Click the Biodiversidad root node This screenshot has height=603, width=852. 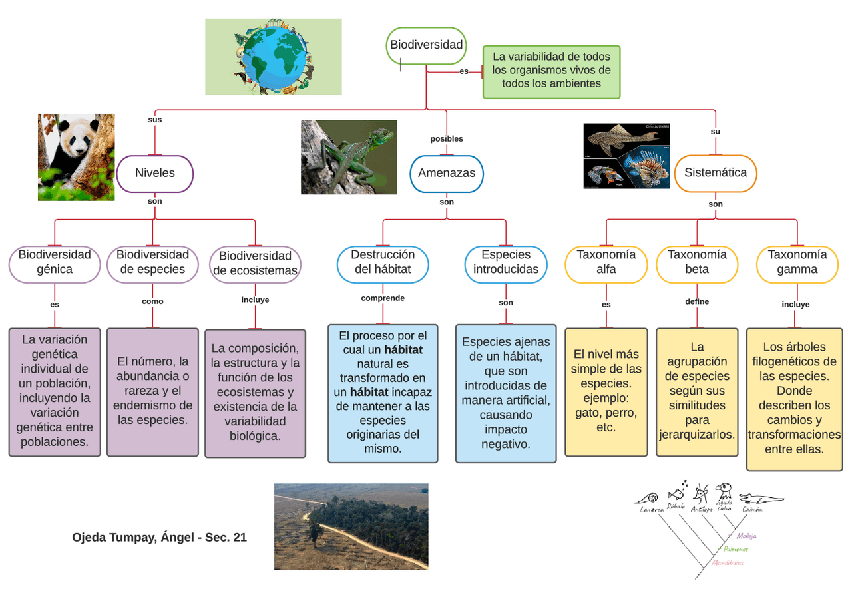tap(426, 45)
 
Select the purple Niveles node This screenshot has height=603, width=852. tap(155, 173)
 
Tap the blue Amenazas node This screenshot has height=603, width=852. tap(447, 173)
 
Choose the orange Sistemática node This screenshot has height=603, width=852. tap(716, 173)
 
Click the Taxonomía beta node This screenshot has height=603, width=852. tap(697, 262)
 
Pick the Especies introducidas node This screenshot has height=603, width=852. tap(506, 262)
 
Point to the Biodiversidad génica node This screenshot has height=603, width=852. tap(55, 262)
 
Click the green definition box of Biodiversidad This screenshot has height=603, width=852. tap(551, 71)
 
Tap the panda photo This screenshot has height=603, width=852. tap(76, 157)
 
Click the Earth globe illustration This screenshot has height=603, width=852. tap(274, 57)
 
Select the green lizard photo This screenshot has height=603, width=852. tap(349, 157)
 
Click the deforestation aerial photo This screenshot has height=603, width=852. tap(351, 526)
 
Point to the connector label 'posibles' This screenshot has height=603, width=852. tap(447, 139)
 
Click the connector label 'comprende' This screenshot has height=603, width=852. tap(383, 298)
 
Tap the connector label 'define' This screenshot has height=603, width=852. tap(697, 301)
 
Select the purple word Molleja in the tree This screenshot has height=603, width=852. tap(745, 536)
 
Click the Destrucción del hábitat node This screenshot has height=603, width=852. tap(383, 262)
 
